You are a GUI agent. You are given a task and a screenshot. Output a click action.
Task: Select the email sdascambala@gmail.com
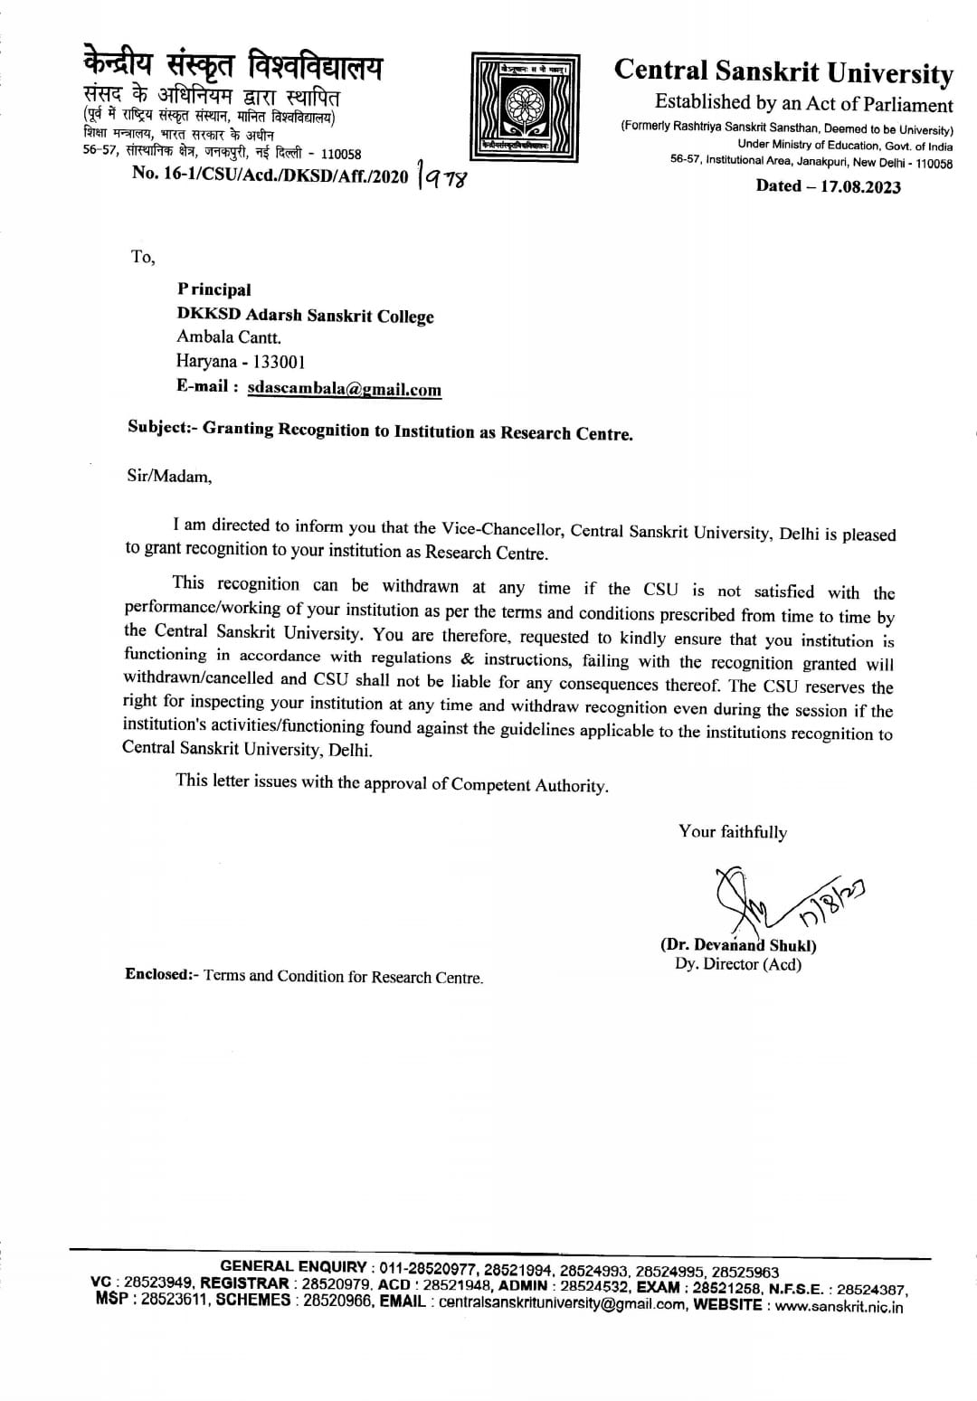344,389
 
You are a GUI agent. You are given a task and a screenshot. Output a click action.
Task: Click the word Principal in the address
214,289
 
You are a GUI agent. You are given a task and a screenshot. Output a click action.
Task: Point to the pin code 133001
280,361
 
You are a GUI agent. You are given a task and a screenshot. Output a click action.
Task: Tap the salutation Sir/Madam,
170,476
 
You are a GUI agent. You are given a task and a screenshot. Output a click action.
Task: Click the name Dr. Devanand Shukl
738,945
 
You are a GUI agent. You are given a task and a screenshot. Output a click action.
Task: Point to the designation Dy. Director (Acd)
738,964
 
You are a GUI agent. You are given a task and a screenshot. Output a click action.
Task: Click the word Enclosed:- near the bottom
161,975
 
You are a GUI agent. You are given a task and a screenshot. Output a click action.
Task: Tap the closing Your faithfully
733,832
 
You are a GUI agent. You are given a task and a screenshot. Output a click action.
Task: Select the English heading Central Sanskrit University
783,71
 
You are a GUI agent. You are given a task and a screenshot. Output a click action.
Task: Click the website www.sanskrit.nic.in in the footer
839,1306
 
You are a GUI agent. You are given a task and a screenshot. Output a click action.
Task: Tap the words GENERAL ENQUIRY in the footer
294,1267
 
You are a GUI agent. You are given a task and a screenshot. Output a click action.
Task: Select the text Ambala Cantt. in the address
229,337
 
